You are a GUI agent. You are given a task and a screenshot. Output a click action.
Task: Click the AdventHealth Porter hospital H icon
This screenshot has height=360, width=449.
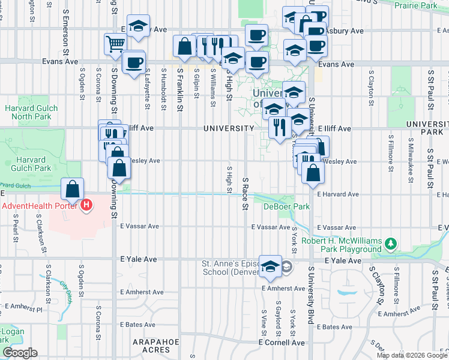coord(87,205)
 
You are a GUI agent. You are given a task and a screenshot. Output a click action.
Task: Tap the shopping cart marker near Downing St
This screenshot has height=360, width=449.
coord(115,43)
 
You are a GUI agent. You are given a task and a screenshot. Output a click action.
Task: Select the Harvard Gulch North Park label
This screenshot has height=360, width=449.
coord(31,112)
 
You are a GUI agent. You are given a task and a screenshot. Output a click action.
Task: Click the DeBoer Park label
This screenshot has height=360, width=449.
coord(286,206)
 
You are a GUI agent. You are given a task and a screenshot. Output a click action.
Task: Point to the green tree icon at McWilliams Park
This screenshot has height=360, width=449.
coord(391,243)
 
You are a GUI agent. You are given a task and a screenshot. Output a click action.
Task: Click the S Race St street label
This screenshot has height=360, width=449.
coord(245,193)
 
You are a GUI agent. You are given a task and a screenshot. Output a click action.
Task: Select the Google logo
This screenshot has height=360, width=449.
coord(20,353)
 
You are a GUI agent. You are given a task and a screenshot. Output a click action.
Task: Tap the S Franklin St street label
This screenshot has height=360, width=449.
coord(179,89)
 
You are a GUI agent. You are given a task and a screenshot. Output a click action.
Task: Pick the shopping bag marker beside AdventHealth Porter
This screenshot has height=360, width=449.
coord(72,190)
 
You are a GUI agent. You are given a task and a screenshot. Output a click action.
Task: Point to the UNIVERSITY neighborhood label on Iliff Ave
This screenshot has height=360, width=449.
coord(229,128)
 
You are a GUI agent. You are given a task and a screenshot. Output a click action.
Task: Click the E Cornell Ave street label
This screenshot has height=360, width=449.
coord(282,343)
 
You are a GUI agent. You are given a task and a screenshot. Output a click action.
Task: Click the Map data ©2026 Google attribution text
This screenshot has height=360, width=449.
coord(412,355)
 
